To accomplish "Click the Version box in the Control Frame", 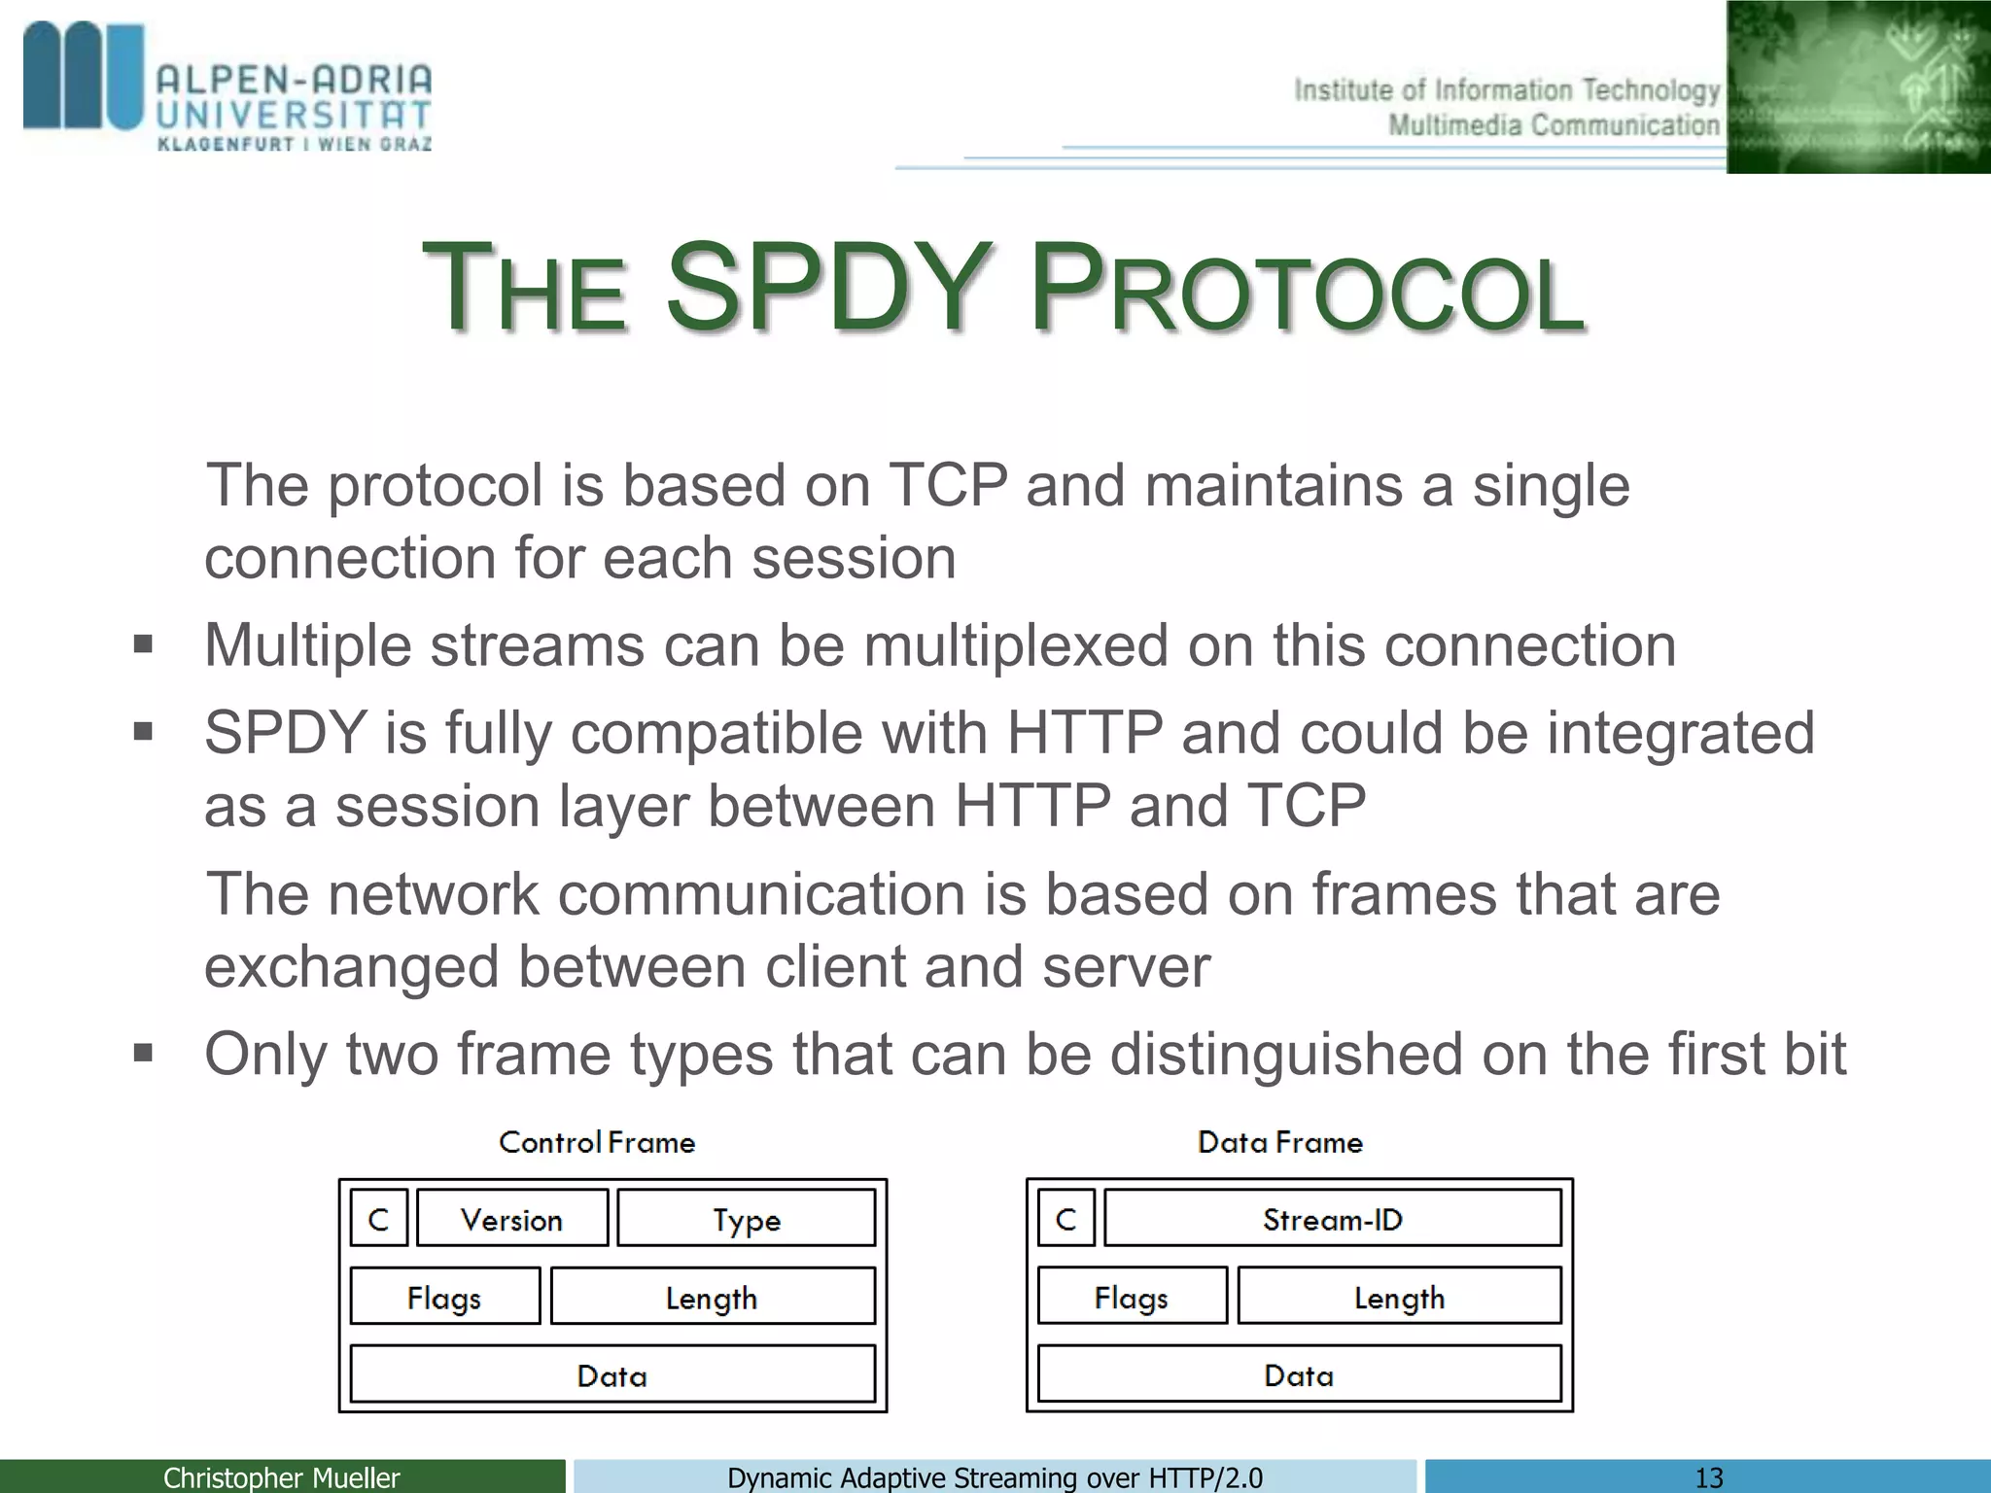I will pyautogui.click(x=512, y=1219).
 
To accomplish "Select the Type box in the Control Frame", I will pyautogui.click(x=746, y=1219).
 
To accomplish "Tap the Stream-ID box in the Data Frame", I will pyautogui.click(x=1332, y=1219).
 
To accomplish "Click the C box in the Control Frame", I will pyautogui.click(x=378, y=1219).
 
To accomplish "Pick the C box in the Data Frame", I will pyautogui.click(x=1065, y=1219).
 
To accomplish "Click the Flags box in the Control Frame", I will pyautogui.click(x=444, y=1297).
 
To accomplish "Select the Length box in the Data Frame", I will pyautogui.click(x=1399, y=1297).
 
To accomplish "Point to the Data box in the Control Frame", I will pyautogui.click(x=611, y=1374).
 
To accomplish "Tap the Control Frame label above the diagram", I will pyautogui.click(x=597, y=1142).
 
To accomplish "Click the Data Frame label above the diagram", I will pyautogui.click(x=1279, y=1142).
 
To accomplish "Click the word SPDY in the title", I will pyautogui.click(x=826, y=289).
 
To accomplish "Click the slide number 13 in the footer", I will pyautogui.click(x=1708, y=1477).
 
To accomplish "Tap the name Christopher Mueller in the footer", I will pyautogui.click(x=281, y=1477).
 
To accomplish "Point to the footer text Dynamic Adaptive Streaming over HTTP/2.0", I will pyautogui.click(x=995, y=1477).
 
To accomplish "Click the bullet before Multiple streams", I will pyautogui.click(x=143, y=644).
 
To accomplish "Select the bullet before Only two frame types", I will pyautogui.click(x=143, y=1053).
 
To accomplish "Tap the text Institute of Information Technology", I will pyautogui.click(x=1506, y=90).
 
